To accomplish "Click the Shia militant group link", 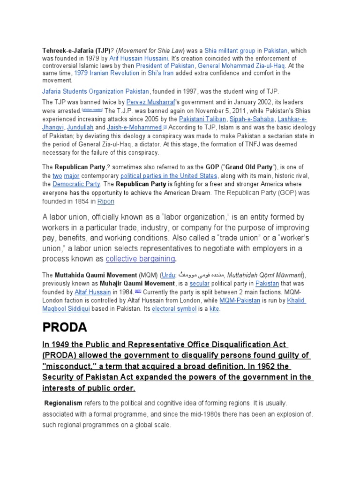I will (x=230, y=50).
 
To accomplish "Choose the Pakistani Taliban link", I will (x=201, y=120).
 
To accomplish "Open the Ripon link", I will (x=105, y=201).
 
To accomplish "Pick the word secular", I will (x=199, y=284).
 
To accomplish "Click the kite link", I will (x=213, y=309).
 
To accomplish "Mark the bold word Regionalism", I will (x=63, y=403).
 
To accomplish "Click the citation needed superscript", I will (x=92, y=110).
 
